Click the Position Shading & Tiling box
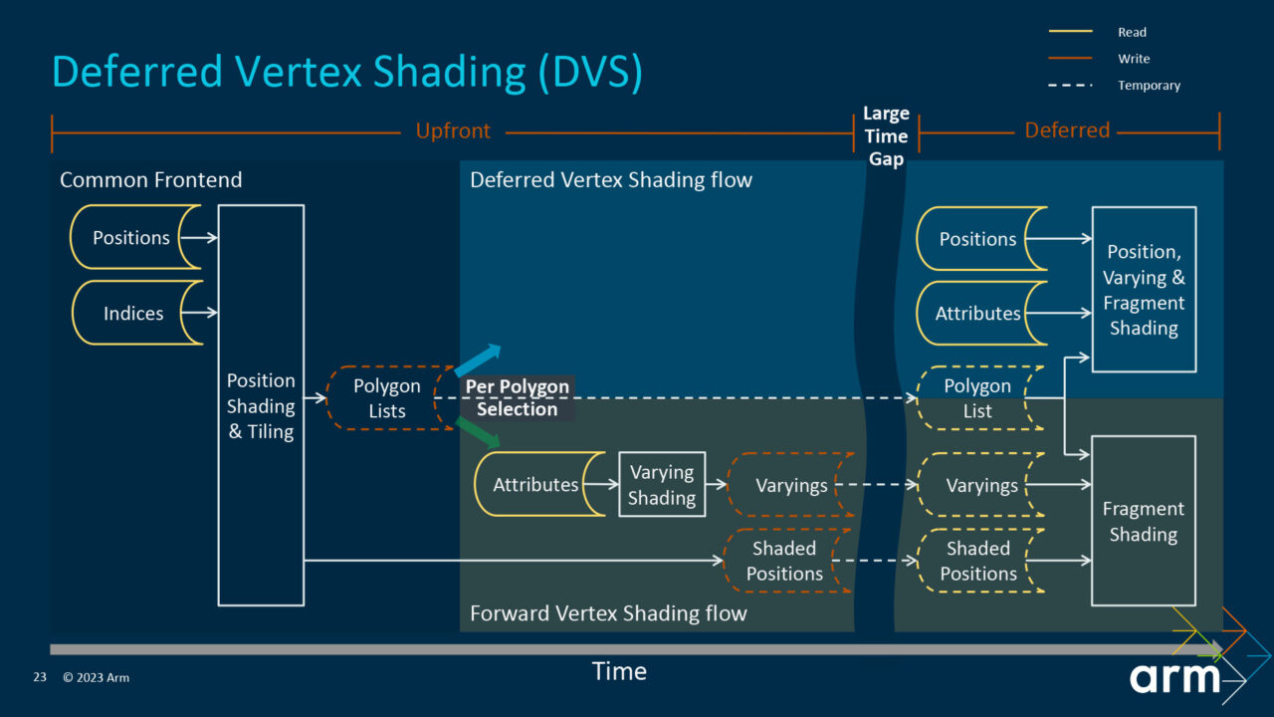tap(261, 405)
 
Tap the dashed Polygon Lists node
tap(387, 398)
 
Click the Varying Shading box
tap(662, 485)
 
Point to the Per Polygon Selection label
tap(517, 397)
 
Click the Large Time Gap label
tap(886, 136)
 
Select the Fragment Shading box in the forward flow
tap(1143, 521)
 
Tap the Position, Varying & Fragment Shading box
tap(1143, 290)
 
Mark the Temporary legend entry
tap(1148, 86)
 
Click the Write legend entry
tap(1133, 59)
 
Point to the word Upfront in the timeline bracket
tap(453, 131)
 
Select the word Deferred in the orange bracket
tap(1067, 130)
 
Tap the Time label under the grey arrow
tap(619, 672)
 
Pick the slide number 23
tap(40, 678)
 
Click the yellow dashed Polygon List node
tap(978, 398)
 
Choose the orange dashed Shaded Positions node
tap(786, 562)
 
